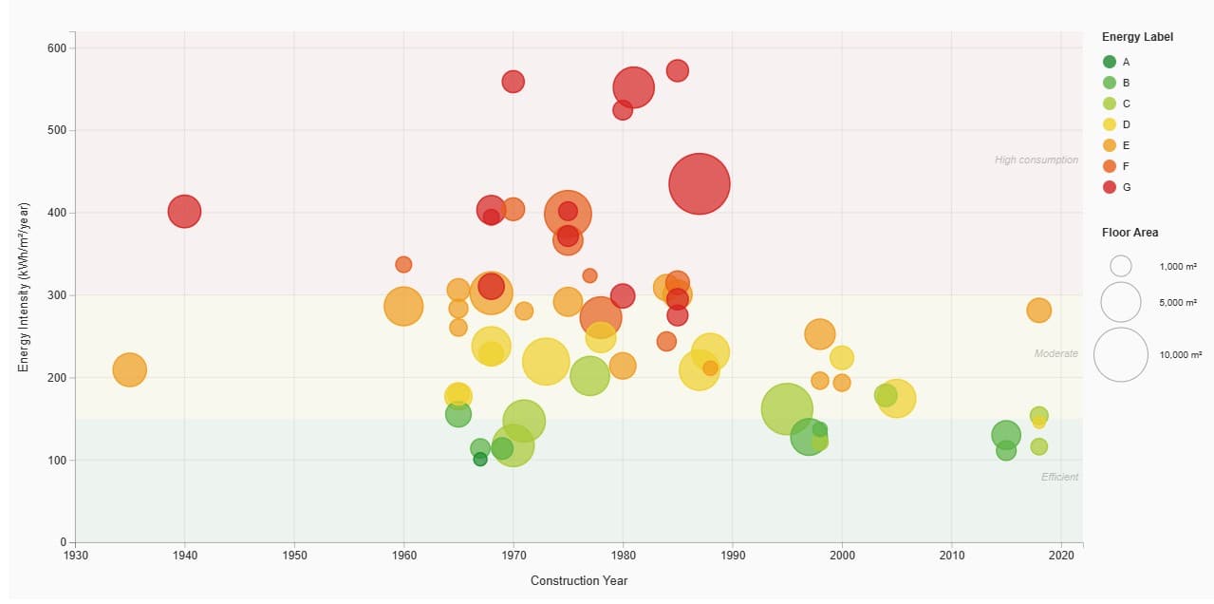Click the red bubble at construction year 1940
184,211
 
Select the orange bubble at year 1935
130,369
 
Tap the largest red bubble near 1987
700,184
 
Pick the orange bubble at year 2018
1039,311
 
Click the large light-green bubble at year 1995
787,409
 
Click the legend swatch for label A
1110,62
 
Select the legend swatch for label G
1110,187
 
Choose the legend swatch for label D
1110,124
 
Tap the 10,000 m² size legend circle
1121,354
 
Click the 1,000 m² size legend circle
1121,266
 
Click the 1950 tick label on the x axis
294,556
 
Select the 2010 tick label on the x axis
951,556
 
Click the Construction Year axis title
579,581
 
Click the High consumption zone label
1036,160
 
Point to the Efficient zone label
1059,477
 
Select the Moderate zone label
1055,353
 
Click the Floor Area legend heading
1130,233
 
